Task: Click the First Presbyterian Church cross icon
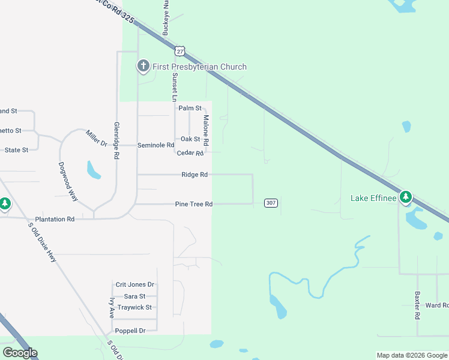[x=143, y=66]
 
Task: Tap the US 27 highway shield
[x=179, y=51]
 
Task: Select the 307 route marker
[x=271, y=203]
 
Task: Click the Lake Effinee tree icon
[x=406, y=197]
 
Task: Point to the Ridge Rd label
[x=194, y=175]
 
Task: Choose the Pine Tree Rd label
[x=194, y=204]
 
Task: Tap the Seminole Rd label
[x=155, y=145]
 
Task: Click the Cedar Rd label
[x=190, y=153]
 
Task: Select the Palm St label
[x=190, y=108]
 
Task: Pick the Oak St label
[x=190, y=139]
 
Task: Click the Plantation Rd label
[x=55, y=219]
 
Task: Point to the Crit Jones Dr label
[x=135, y=284]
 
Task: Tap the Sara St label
[x=134, y=296]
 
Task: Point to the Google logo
[x=20, y=353]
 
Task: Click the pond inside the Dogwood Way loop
[x=94, y=170]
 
